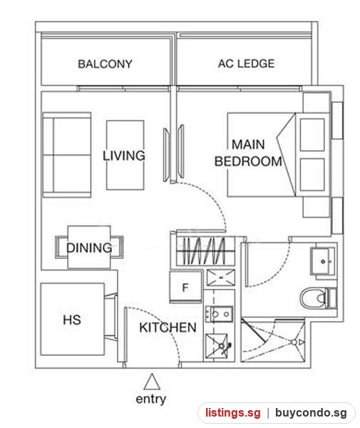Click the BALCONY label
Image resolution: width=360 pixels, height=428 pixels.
(105, 64)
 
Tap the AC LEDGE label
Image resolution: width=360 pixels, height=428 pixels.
(246, 63)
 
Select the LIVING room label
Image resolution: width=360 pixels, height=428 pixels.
(124, 156)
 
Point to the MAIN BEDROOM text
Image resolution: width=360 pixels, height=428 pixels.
(248, 153)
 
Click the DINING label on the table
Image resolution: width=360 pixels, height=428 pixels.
(89, 248)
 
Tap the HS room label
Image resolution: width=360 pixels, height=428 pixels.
(72, 320)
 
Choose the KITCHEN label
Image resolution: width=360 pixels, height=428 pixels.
(168, 327)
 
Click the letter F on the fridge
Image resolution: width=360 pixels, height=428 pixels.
(185, 287)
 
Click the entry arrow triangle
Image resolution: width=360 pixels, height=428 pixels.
(152, 382)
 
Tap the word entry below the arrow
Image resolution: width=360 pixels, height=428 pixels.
(151, 399)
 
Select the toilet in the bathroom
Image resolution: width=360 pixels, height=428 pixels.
(319, 297)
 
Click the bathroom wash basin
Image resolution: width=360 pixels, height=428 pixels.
(322, 261)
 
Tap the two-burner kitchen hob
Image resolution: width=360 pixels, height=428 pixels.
(220, 314)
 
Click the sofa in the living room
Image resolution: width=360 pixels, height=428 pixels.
(67, 155)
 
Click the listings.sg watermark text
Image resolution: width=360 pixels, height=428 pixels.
(233, 413)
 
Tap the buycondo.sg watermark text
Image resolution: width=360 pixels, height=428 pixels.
(311, 413)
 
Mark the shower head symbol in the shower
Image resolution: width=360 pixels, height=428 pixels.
(294, 342)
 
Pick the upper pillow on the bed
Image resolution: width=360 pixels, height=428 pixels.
(312, 135)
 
